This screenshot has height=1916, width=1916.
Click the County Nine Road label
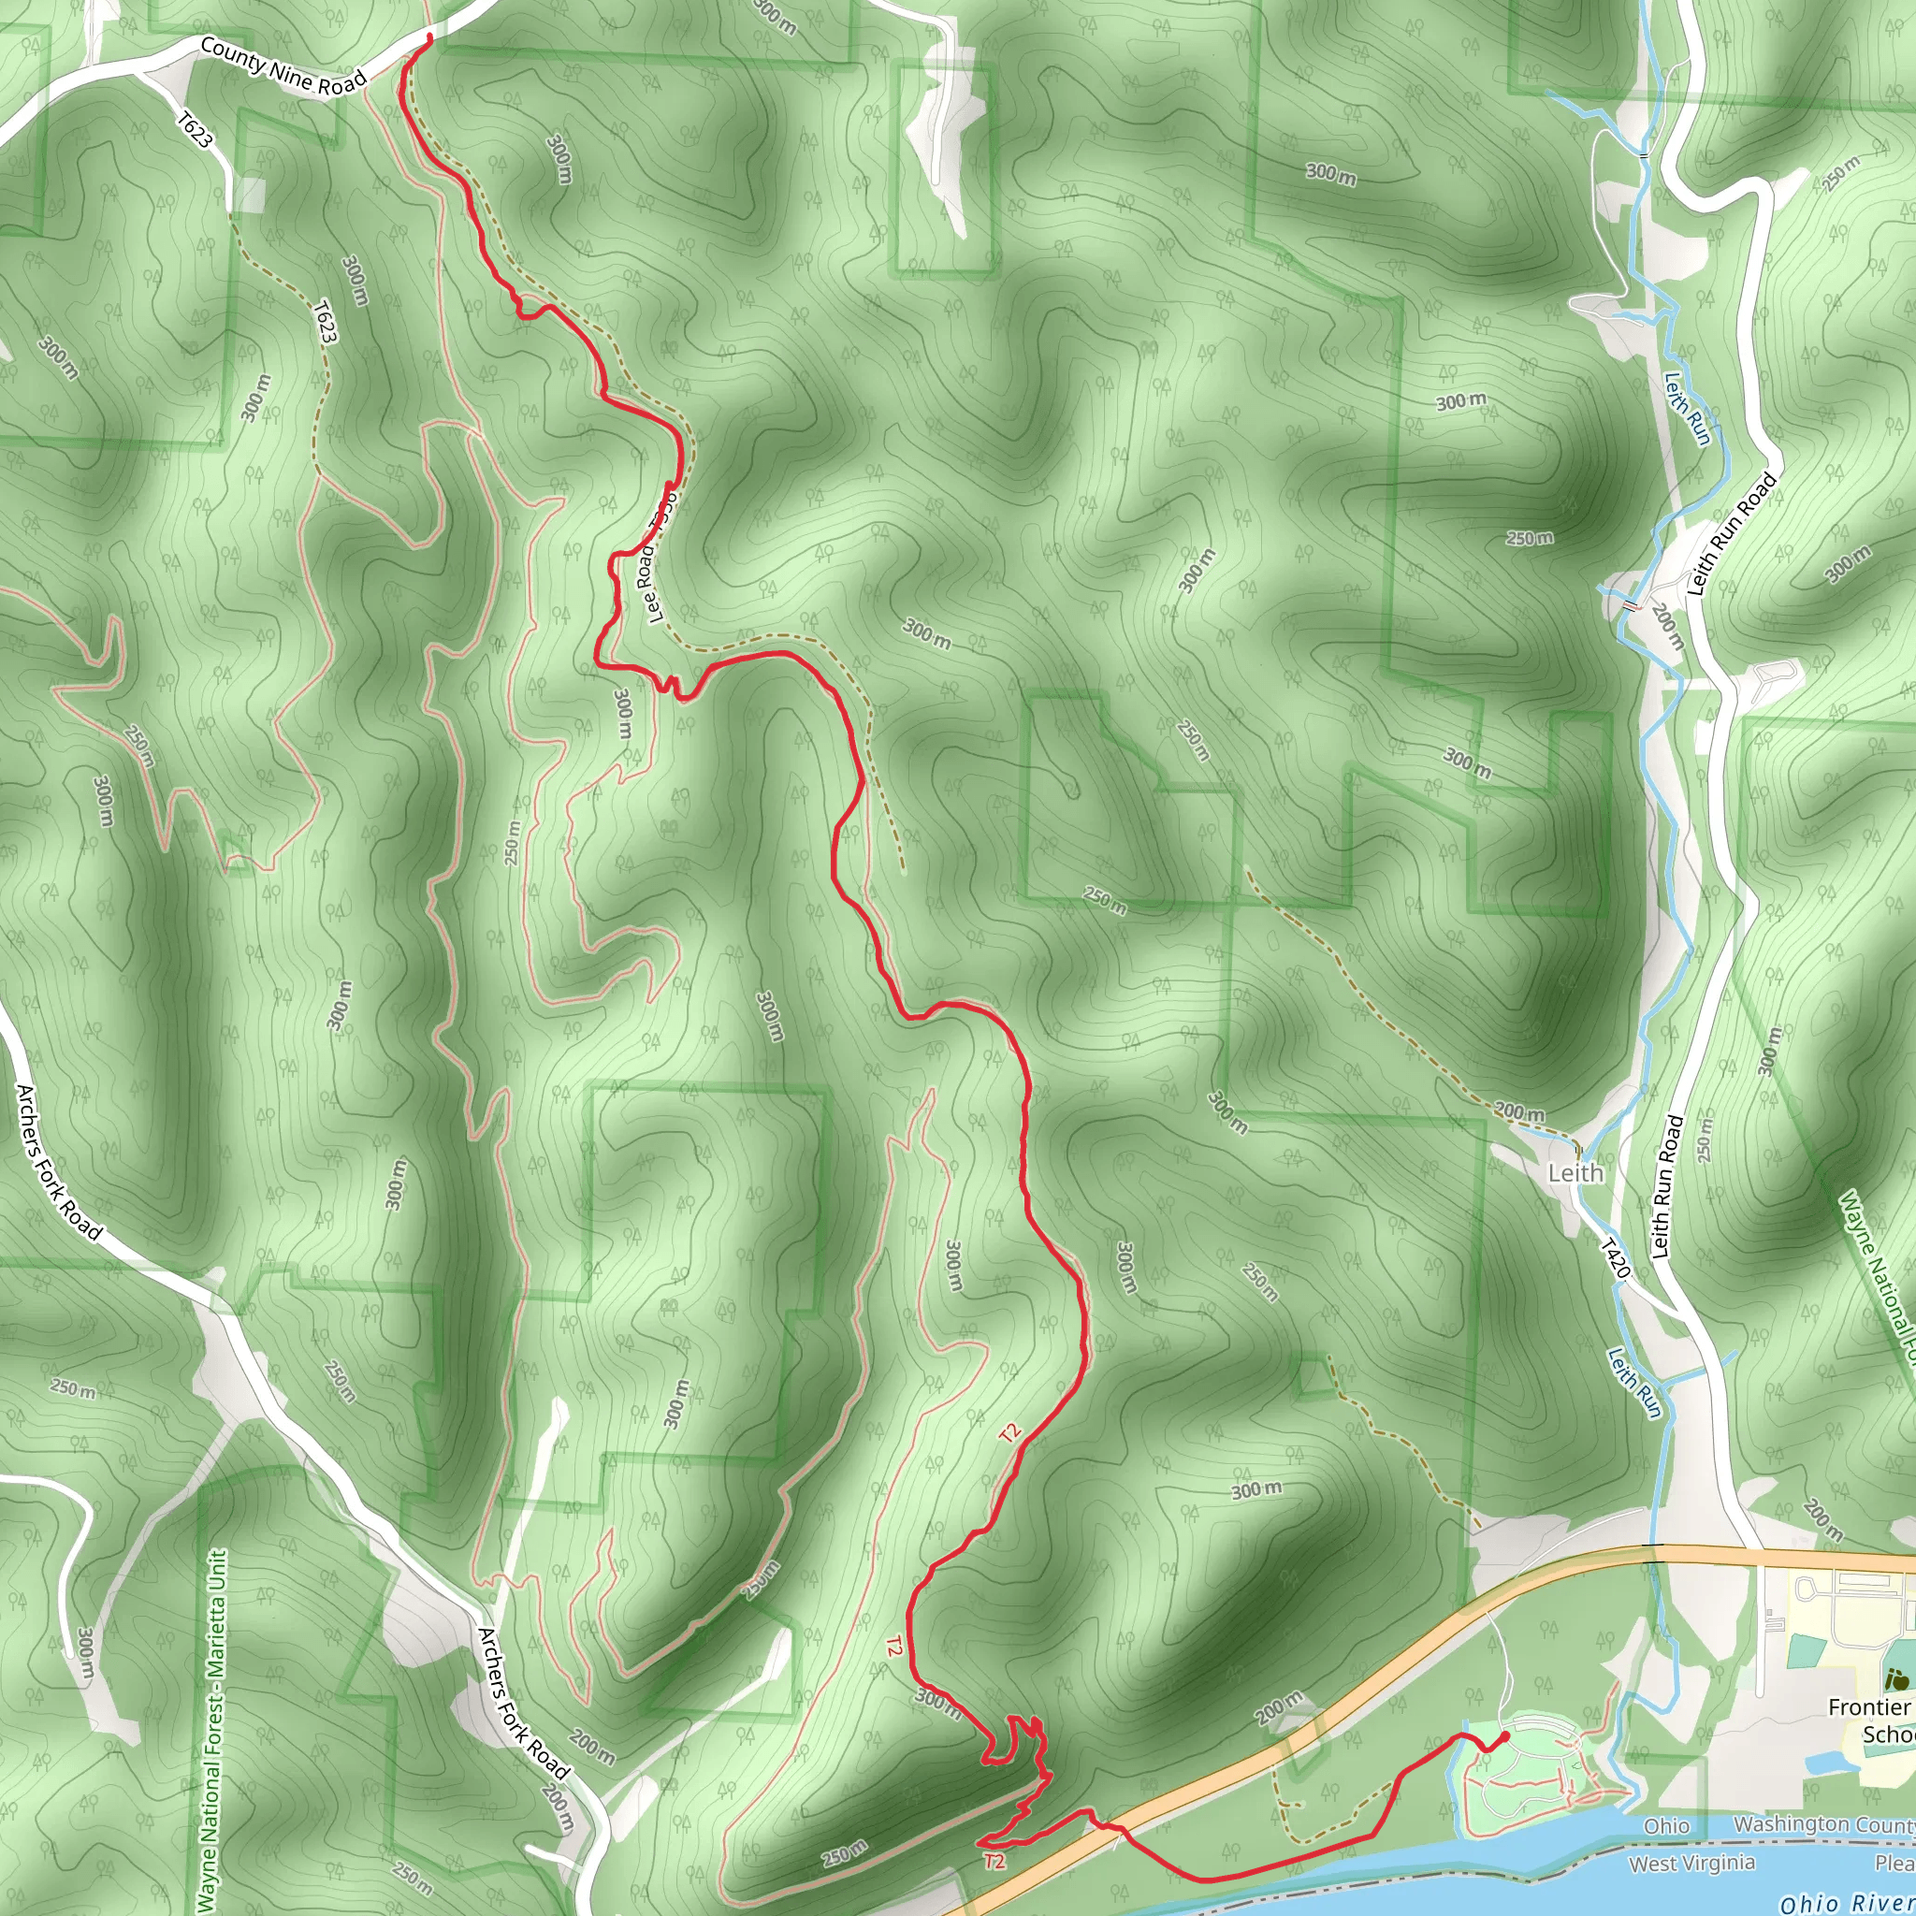tap(283, 67)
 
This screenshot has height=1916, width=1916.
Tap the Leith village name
tap(1575, 1173)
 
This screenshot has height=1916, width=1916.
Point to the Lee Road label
tap(660, 557)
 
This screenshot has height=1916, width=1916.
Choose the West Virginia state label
tap(1691, 1864)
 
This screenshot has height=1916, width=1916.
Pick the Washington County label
tap(1822, 1824)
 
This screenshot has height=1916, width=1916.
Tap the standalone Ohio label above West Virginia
tap(1666, 1826)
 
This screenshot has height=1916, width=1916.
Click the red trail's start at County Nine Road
tap(428, 37)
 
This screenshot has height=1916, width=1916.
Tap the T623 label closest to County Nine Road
tap(195, 129)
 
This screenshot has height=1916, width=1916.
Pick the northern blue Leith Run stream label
tap(1687, 408)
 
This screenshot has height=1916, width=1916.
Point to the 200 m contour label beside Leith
tap(1519, 1112)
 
